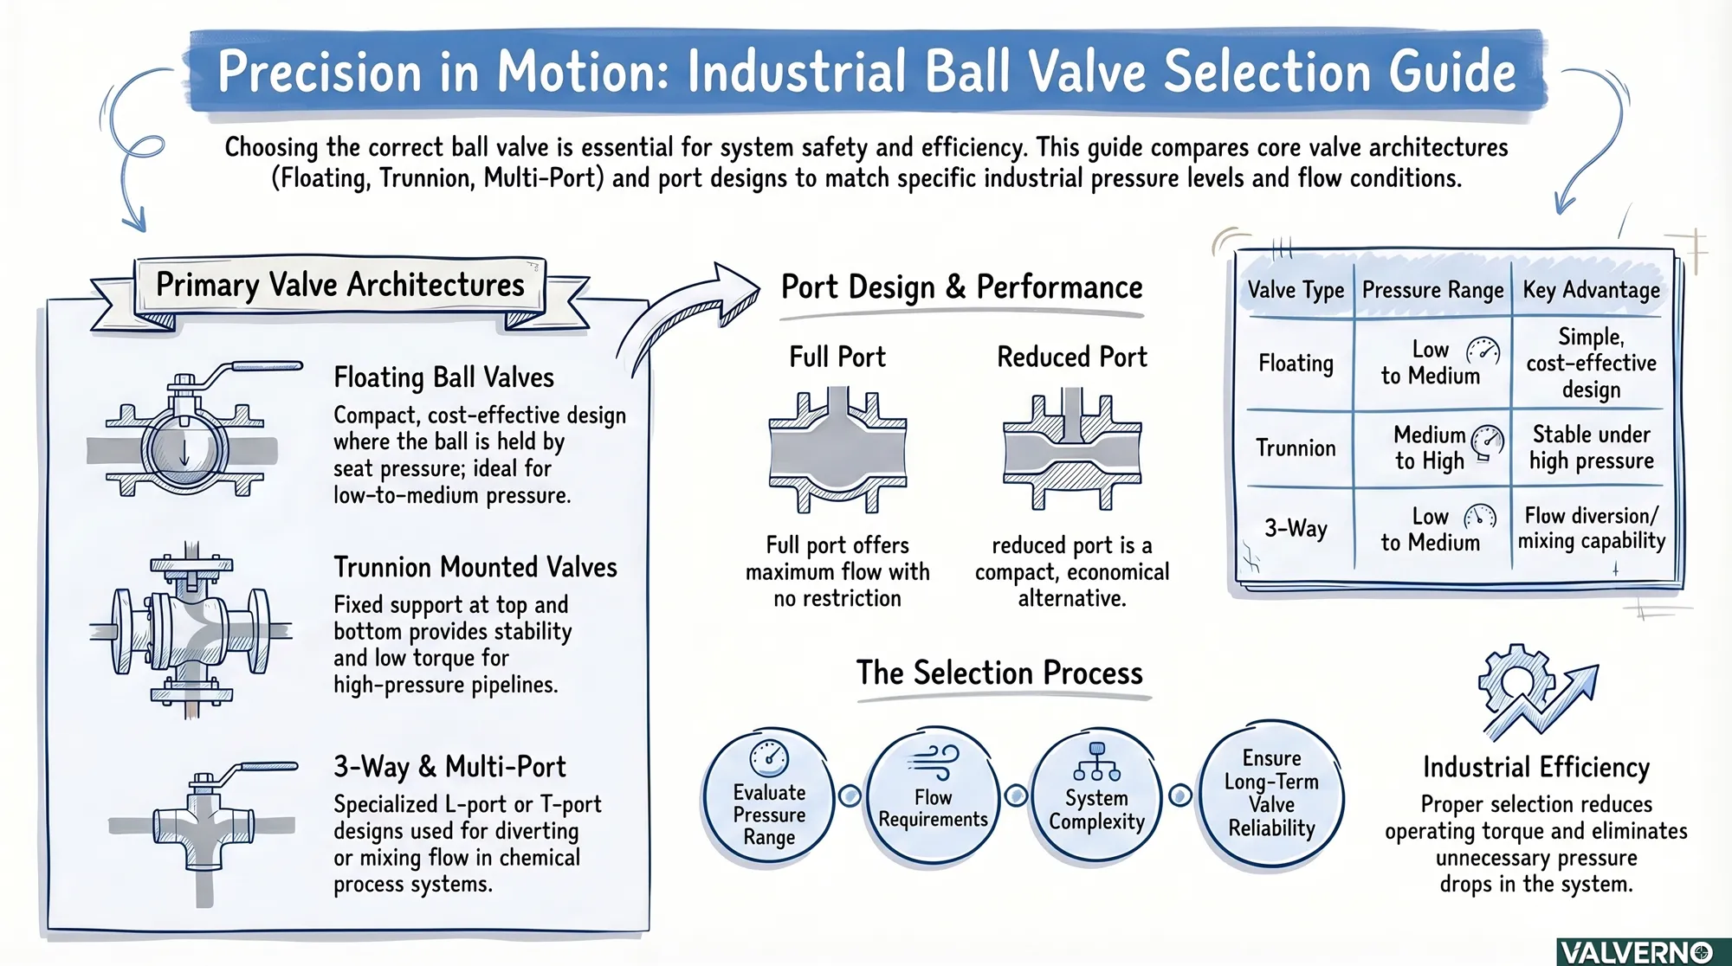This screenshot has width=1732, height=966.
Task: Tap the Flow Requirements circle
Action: tap(933, 797)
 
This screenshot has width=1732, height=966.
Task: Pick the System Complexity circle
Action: tap(1096, 797)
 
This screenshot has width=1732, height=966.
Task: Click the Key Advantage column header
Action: tap(1591, 290)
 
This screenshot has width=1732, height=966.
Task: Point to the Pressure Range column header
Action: tap(1432, 290)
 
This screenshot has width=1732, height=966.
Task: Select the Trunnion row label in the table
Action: tap(1296, 448)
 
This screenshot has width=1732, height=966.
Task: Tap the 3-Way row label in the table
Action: tap(1296, 527)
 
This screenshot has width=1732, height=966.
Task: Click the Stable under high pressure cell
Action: tap(1591, 448)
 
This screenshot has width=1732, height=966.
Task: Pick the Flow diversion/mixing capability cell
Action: tap(1591, 528)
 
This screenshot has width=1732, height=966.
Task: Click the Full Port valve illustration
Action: tap(837, 451)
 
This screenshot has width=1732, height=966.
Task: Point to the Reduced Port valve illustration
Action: tap(1072, 451)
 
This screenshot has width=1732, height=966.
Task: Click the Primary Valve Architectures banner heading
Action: tap(339, 285)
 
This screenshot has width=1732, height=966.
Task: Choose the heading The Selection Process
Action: tap(999, 673)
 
